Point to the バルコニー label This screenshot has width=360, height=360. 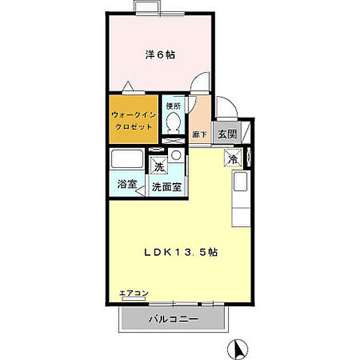point(172,319)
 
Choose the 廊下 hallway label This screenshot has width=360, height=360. point(199,135)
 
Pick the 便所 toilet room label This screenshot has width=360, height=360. point(172,106)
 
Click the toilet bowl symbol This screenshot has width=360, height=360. point(172,121)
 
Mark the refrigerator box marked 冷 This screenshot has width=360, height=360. point(232,159)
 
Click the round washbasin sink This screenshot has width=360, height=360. point(175,156)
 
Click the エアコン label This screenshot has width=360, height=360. point(134,293)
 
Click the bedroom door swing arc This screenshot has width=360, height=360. point(200,84)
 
